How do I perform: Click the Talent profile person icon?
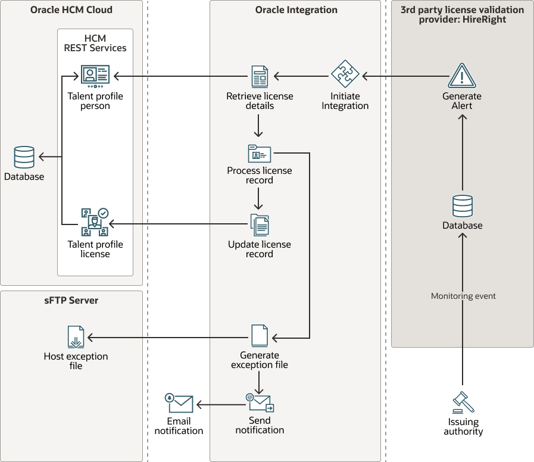click(x=95, y=76)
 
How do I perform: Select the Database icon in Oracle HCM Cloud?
click(x=24, y=158)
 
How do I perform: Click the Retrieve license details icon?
click(x=260, y=76)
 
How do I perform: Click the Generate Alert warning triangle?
click(x=462, y=76)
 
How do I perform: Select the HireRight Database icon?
click(x=463, y=206)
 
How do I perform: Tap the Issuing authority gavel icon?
click(x=463, y=403)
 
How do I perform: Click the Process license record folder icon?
click(x=260, y=153)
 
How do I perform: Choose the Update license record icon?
click(x=260, y=224)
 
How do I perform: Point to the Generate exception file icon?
click(x=260, y=336)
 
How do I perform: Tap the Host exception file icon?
click(x=76, y=337)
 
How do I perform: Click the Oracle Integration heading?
click(x=296, y=10)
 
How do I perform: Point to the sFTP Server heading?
click(x=71, y=301)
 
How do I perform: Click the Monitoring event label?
click(x=463, y=296)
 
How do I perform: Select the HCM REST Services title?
click(x=95, y=43)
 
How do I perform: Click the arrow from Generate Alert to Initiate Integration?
click(x=405, y=76)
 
